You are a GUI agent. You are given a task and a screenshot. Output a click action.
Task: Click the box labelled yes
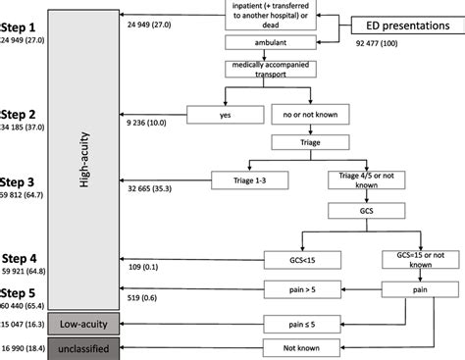[227, 114]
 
